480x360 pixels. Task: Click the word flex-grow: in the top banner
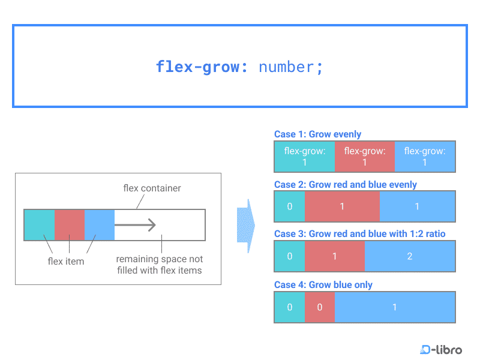[x=202, y=67]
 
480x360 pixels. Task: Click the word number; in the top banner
[x=290, y=67]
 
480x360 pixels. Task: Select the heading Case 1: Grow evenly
[x=317, y=134]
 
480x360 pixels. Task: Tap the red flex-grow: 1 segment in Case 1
[x=365, y=157]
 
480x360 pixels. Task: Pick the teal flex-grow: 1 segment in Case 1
[x=305, y=157]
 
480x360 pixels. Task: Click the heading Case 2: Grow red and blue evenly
[x=346, y=185]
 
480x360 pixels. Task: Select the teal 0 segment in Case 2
[x=290, y=206]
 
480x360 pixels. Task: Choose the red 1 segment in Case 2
[x=342, y=206]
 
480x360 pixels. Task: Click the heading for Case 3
[x=359, y=234]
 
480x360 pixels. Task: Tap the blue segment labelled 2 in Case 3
[x=410, y=256]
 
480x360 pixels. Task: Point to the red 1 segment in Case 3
[x=335, y=256]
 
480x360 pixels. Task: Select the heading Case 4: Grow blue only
[x=323, y=284]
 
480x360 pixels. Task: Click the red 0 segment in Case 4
[x=320, y=307]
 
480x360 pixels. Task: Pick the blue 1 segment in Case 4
[x=395, y=307]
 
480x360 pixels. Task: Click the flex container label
[x=152, y=188]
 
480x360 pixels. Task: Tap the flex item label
[x=66, y=261]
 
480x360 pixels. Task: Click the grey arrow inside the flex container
[x=135, y=225]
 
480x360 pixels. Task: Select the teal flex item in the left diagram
[x=40, y=224]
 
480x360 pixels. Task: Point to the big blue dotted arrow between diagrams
[x=246, y=226]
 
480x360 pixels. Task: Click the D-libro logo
[x=441, y=349]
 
